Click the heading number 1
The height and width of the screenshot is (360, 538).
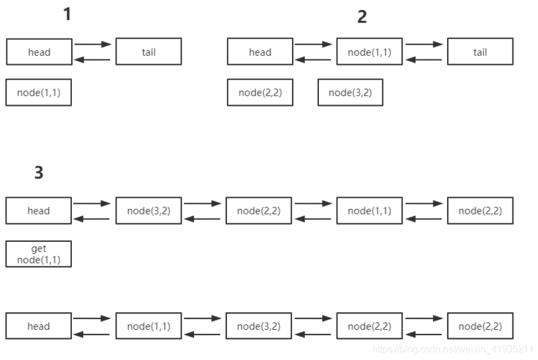[67, 14]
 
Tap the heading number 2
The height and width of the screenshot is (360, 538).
[362, 17]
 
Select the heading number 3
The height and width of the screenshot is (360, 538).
[39, 173]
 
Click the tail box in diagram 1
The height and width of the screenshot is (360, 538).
[148, 52]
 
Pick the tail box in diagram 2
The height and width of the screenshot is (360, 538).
[480, 52]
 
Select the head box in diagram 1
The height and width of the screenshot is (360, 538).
[39, 52]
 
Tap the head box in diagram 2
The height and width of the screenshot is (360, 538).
[260, 52]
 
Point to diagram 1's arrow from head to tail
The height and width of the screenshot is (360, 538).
[93, 45]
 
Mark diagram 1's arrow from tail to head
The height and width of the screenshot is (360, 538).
[93, 59]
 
